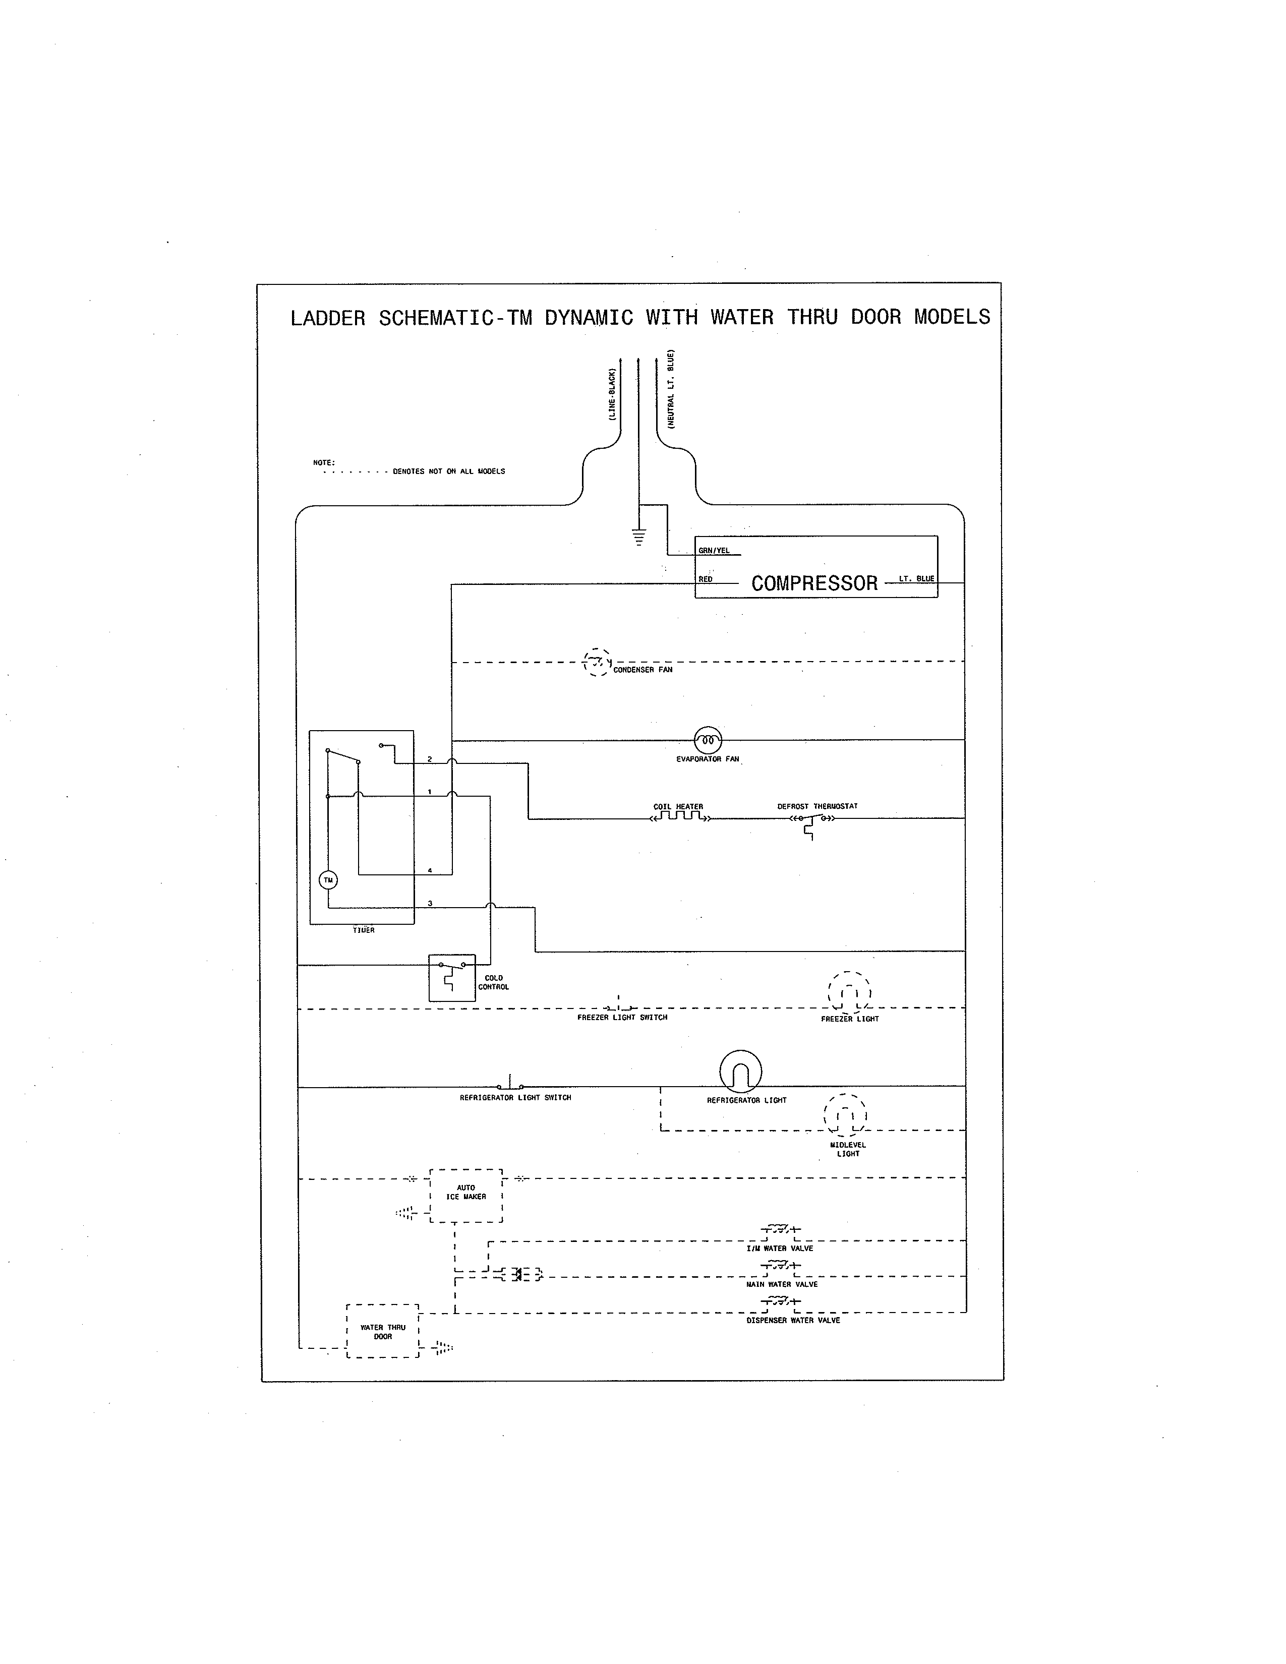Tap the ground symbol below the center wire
638,537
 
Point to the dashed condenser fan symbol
597,662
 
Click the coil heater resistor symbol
680,817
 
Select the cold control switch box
452,978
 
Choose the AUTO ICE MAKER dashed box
466,1196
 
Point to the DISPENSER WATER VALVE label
793,1321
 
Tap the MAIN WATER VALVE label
782,1285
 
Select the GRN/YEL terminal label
714,551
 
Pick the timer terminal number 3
430,904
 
